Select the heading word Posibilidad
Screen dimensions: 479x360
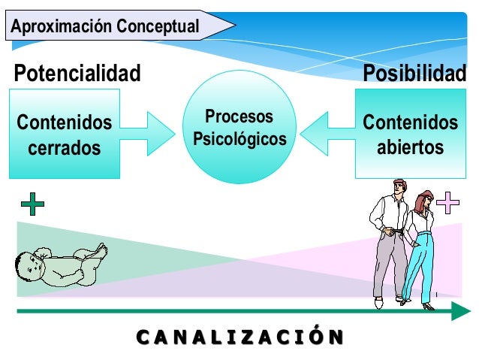[x=414, y=74]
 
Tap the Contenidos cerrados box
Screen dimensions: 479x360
[x=65, y=134]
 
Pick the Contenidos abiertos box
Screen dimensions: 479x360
[x=410, y=134]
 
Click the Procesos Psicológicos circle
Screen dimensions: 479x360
[x=239, y=128]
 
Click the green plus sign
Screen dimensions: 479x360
[x=32, y=204]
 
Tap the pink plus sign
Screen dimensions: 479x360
[x=447, y=202]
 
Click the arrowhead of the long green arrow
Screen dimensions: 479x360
[x=460, y=311]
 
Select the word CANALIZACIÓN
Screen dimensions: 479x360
[x=236, y=336]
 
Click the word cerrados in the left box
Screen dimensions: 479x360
[x=65, y=148]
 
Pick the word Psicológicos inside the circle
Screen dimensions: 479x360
[x=239, y=140]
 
